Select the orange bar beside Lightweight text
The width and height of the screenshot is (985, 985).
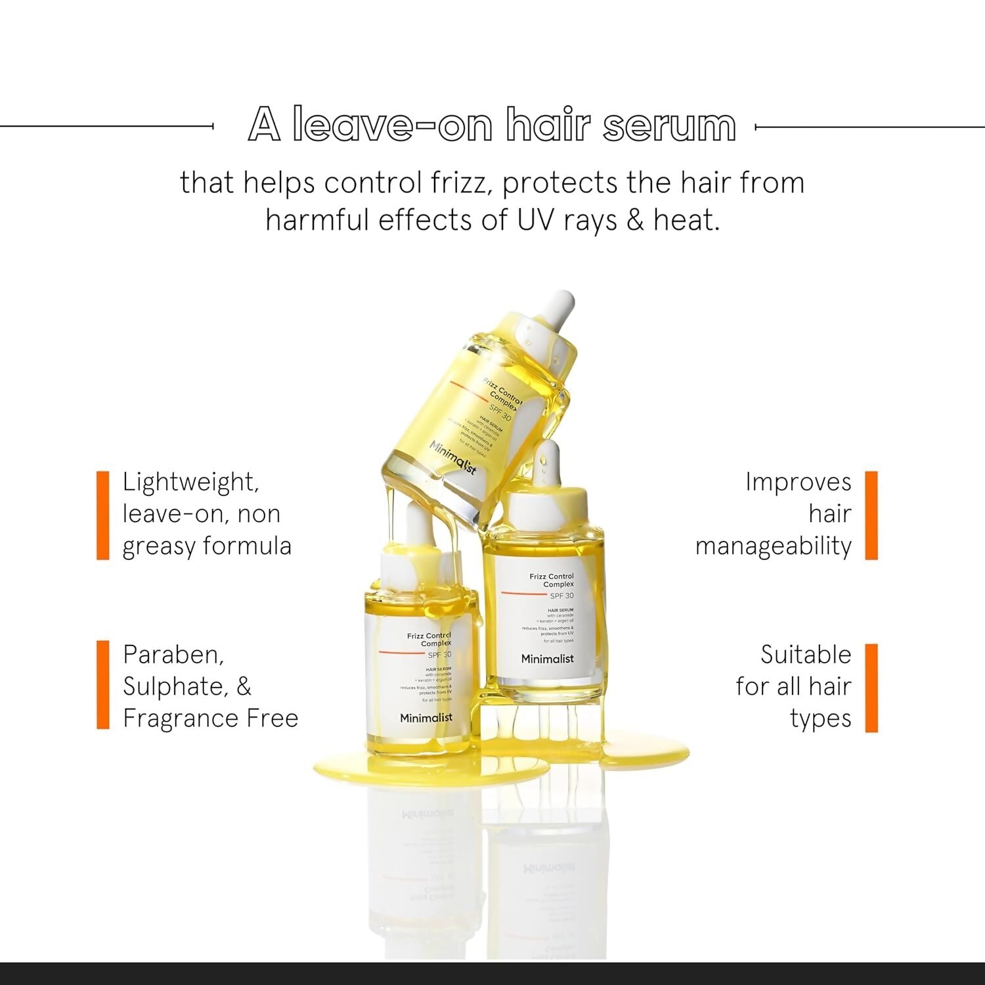click(103, 515)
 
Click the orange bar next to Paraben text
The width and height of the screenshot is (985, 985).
click(103, 685)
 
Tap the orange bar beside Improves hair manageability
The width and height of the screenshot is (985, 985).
click(871, 515)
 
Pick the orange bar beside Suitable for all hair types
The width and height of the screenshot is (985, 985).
click(871, 688)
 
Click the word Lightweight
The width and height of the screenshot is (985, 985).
click(190, 483)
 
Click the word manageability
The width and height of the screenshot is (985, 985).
click(773, 546)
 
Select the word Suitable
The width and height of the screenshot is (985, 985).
click(806, 655)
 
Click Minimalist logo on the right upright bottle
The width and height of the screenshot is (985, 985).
click(547, 659)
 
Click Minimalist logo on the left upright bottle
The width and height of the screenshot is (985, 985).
click(426, 718)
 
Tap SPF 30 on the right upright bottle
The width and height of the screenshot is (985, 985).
click(561, 596)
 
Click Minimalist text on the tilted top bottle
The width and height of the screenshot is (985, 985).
click(452, 458)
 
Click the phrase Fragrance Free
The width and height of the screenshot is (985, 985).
click(210, 718)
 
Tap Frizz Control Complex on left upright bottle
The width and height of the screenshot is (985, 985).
click(429, 640)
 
